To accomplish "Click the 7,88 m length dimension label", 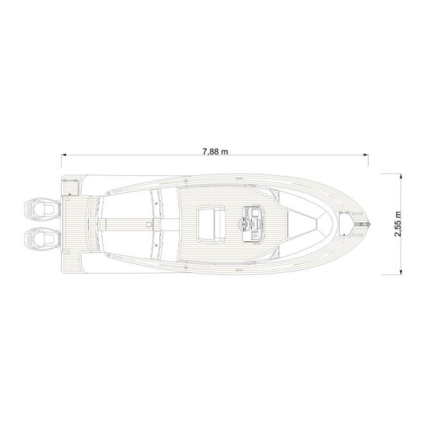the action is point(215,152).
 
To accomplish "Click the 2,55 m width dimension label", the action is point(398,223).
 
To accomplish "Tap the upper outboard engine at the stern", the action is point(42,209).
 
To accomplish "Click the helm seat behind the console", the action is point(211,224).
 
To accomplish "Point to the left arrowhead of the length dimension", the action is point(64,155).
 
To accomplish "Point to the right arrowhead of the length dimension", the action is point(365,155).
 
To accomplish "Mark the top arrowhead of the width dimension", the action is point(401,177).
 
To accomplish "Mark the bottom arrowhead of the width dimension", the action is point(401,272).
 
